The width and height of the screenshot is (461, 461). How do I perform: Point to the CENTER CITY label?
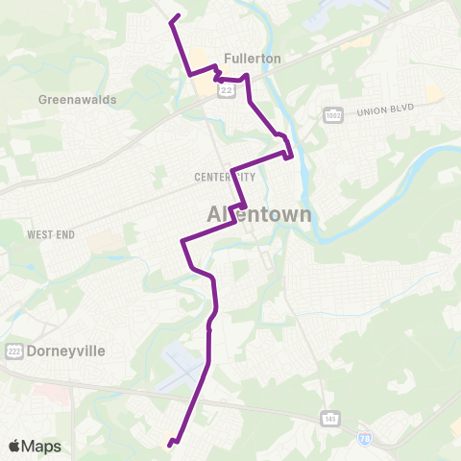tap(225, 177)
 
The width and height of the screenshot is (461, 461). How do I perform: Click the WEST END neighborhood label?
tap(51, 234)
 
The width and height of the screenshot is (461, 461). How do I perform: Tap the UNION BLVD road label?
tap(384, 110)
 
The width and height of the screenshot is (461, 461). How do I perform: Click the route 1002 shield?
tap(333, 114)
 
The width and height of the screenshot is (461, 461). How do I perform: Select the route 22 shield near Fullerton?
tap(227, 88)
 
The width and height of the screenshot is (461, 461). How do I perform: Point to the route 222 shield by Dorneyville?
tap(13, 351)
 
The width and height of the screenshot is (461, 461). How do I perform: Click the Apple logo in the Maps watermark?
tap(15, 446)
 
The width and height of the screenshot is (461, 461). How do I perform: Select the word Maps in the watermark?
tap(42, 447)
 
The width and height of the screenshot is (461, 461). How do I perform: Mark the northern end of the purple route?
tap(179, 16)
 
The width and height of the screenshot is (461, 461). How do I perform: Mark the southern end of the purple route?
tap(169, 445)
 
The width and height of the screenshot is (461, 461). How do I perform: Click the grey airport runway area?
tap(182, 369)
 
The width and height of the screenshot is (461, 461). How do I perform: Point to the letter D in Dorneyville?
tap(34, 351)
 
